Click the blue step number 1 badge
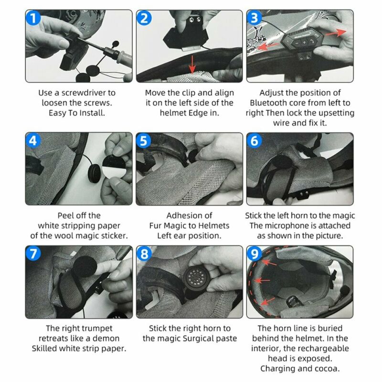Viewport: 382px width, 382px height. pyautogui.click(x=33, y=18)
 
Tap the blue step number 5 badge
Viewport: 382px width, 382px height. pyautogui.click(x=144, y=140)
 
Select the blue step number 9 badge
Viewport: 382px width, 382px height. pyautogui.click(x=254, y=254)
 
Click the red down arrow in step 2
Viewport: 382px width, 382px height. pyautogui.click(x=192, y=64)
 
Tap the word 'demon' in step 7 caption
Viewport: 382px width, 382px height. pyautogui.click(x=108, y=339)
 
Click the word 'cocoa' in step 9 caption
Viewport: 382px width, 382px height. pyautogui.click(x=327, y=369)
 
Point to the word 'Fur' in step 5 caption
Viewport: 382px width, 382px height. pyautogui.click(x=155, y=226)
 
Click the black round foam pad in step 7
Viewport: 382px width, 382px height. pyautogui.click(x=85, y=267)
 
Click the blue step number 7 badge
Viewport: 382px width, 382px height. pyautogui.click(x=33, y=254)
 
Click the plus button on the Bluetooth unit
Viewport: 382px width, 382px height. pyautogui.click(x=304, y=42)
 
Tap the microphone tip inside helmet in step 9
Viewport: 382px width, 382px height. pyautogui.click(x=345, y=290)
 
